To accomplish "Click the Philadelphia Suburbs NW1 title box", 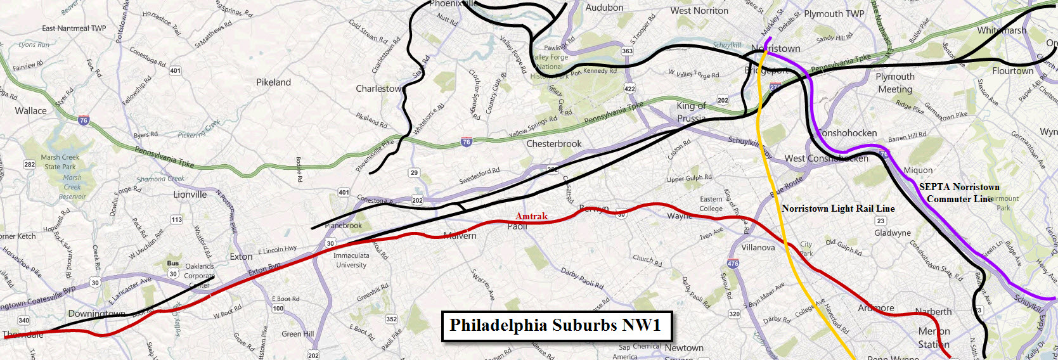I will point(555,326).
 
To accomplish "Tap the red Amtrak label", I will point(531,216).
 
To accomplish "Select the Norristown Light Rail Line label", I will point(838,209).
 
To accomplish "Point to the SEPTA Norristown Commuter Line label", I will point(959,193).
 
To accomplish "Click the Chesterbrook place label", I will point(553,144).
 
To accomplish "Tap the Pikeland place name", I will point(273,82).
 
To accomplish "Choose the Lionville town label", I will point(190,195).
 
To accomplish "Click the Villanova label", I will point(758,247).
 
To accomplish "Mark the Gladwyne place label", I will point(893,233).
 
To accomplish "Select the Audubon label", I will point(604,8).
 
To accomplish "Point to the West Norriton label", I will point(699,11).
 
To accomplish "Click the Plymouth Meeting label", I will point(895,83).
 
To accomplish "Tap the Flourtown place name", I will point(1013,71).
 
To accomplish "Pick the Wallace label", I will point(30,111).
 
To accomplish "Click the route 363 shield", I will point(627,51).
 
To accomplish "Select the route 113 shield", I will point(176,220).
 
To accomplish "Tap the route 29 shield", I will point(414,172).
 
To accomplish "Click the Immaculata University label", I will point(351,260).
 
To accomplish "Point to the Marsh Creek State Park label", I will point(60,162).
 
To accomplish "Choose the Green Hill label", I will point(297,334).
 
